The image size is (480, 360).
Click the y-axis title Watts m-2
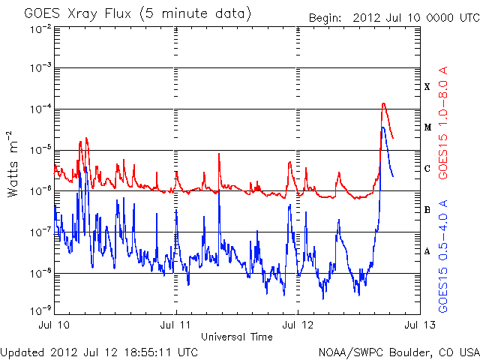pos(13,164)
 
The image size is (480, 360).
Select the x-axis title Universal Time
pos(237,337)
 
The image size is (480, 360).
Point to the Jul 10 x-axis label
pos(54,325)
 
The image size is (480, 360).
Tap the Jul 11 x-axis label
pos(176,325)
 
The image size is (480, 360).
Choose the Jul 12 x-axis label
pos(298,325)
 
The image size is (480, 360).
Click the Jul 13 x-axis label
pos(418,325)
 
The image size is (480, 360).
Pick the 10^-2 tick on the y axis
pos(40,28)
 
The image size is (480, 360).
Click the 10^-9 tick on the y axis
pos(40,309)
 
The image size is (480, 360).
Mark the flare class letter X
pos(427,87)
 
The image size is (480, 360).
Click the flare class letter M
pos(427,127)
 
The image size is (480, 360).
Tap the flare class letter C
pos(427,169)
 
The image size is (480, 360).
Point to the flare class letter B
pos(427,210)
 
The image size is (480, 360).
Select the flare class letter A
pos(427,251)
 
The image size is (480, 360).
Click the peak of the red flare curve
pos(384,103)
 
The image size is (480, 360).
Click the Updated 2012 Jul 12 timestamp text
pos(100,351)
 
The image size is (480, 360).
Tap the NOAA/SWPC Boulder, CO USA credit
pos(398,351)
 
